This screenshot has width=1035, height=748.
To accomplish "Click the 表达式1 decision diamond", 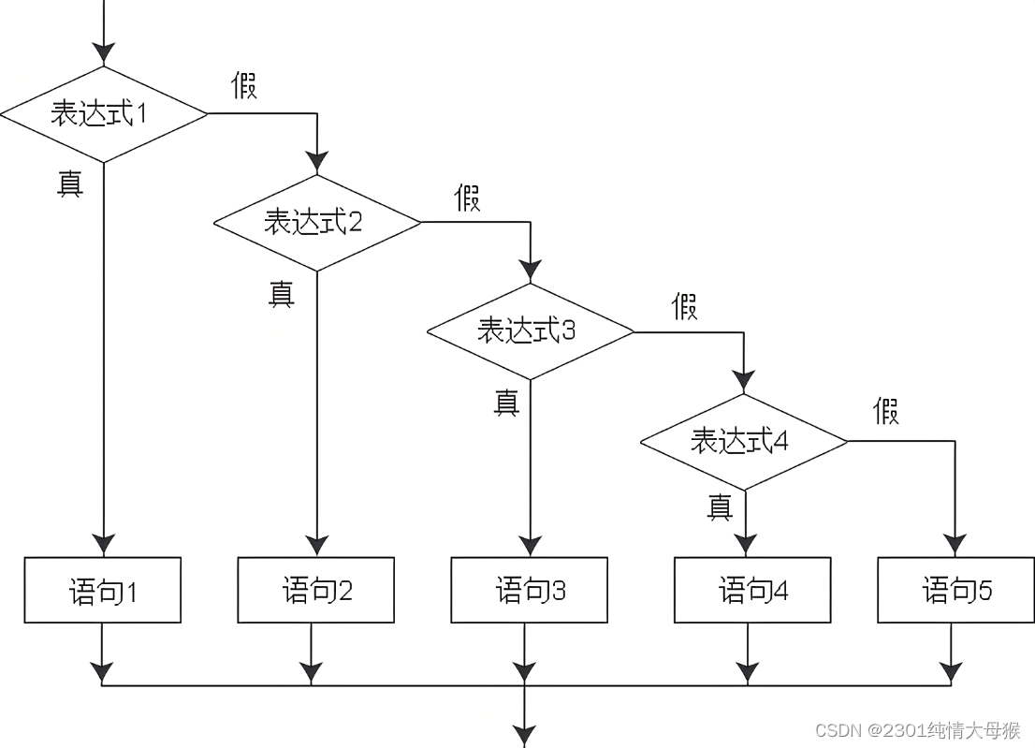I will (x=103, y=113).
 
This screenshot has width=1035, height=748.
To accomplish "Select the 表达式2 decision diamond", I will (x=317, y=223).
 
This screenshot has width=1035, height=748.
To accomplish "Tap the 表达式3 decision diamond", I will (x=531, y=331).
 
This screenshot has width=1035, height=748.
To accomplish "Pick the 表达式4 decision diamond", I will (x=744, y=441).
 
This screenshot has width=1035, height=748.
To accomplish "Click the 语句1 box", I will (x=103, y=591).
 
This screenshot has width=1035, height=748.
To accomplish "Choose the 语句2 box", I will (x=316, y=591).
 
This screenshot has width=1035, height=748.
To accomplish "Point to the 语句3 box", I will (x=530, y=591).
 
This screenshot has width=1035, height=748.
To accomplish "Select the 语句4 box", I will (x=752, y=591).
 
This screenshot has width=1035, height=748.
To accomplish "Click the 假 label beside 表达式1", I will (x=244, y=85).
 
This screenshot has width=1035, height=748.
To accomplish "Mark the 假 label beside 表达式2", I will (x=467, y=198).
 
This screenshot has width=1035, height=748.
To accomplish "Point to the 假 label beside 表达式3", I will (x=684, y=306).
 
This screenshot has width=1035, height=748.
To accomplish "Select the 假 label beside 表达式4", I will (x=885, y=411).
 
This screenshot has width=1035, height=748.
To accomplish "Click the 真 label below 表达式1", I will (x=69, y=183).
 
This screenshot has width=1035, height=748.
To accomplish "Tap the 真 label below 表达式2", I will (x=282, y=294).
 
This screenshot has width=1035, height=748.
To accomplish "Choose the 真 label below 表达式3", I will (x=506, y=403).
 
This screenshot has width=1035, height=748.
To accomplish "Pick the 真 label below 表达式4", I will (x=720, y=506).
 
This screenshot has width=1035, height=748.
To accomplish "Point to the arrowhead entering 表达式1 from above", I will (x=103, y=52).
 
